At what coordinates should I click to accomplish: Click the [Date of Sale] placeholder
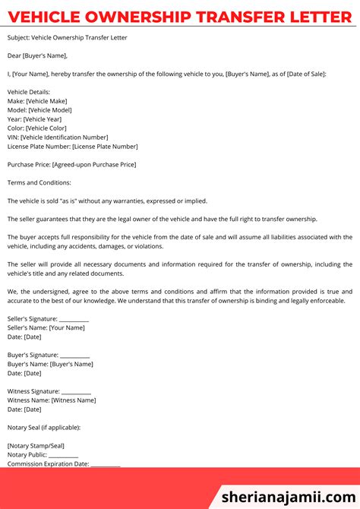click(x=300, y=74)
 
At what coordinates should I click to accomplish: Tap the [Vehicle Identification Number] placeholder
click(x=69, y=137)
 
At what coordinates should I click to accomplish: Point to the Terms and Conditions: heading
click(x=39, y=182)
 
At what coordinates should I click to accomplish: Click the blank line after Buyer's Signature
click(x=74, y=355)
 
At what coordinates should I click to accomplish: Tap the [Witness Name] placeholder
click(x=74, y=400)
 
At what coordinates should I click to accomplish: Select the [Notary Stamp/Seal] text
click(x=36, y=445)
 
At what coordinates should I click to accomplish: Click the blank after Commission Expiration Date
click(x=106, y=464)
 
